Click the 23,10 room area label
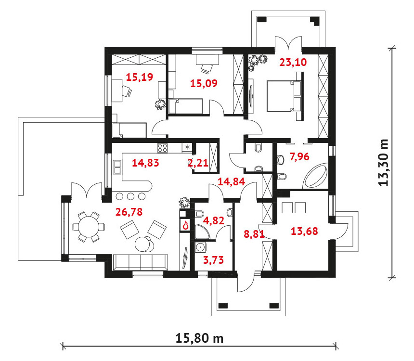[x=293, y=62]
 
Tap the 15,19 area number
[x=140, y=77]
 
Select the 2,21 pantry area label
[x=198, y=163]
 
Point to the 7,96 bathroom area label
[x=299, y=156]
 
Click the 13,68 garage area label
[x=304, y=232]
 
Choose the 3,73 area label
[x=213, y=260]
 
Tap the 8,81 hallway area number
[x=254, y=234]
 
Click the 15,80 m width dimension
[x=199, y=338]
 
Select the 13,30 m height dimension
[x=384, y=162]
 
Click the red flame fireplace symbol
[x=185, y=225]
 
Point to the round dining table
[x=89, y=227]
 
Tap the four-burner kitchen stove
[x=162, y=148]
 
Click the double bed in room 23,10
[x=284, y=96]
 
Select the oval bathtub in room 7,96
[x=315, y=176]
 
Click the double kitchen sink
[x=117, y=167]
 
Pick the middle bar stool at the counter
[x=130, y=196]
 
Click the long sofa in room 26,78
[x=141, y=262]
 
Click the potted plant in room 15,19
[x=160, y=104]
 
